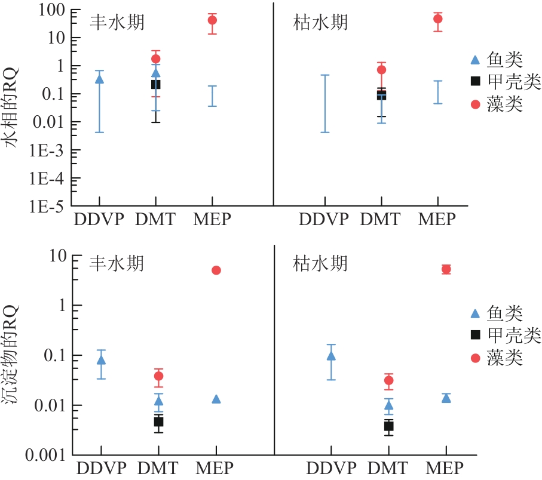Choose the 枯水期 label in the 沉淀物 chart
tap(320, 263)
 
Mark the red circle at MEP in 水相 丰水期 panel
tap(212, 20)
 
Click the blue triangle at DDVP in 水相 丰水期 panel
tap(100, 78)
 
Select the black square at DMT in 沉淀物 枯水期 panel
tap(388, 426)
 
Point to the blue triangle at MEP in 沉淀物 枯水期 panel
tap(445, 398)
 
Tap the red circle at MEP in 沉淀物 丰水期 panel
tap(216, 270)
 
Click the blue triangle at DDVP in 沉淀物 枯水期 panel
tap(330, 356)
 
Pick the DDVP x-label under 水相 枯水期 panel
tap(323, 219)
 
